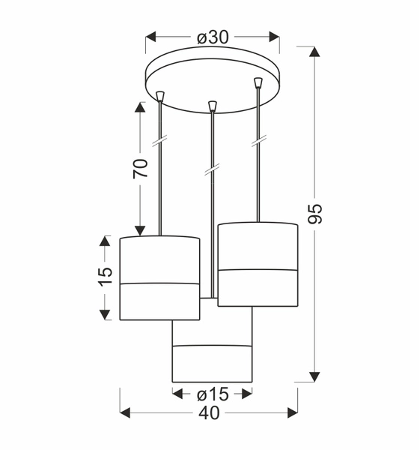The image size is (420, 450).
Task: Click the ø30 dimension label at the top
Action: tap(213, 36)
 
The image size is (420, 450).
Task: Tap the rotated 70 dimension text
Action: tap(140, 167)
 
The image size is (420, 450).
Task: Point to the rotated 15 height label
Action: tap(105, 277)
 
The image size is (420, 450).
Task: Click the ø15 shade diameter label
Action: tap(213, 393)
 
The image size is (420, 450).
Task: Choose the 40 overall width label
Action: tap(210, 413)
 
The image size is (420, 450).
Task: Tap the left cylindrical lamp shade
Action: tap(159, 277)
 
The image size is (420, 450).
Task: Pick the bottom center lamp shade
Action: tap(212, 352)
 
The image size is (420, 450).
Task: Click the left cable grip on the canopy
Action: tap(159, 96)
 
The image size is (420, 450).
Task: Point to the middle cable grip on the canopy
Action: tap(213, 104)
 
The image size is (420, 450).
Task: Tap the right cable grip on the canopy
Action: tap(258, 82)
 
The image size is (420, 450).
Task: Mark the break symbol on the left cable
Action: tap(159, 141)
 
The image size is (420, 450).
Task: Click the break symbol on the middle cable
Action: tap(213, 170)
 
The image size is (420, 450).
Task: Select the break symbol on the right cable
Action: tap(258, 140)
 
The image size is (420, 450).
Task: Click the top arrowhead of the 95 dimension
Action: tap(315, 52)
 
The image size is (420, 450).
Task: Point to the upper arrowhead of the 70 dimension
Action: tap(140, 106)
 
